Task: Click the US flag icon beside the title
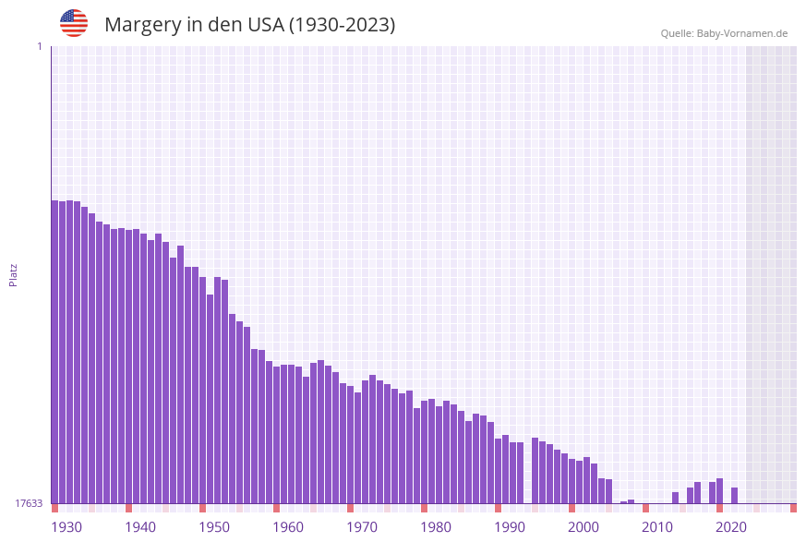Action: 74,23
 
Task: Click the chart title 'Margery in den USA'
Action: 249,25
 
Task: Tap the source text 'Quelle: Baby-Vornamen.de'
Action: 724,33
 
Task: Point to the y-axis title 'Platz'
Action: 14,274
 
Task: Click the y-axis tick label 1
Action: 39,46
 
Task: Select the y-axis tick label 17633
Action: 29,503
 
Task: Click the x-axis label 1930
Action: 66,527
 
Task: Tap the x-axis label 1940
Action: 140,527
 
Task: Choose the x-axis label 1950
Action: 214,527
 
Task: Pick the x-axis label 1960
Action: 288,527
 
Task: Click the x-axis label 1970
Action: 362,527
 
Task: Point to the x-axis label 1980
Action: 436,527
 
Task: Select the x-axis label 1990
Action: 510,527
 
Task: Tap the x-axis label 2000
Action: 583,527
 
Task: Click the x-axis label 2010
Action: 657,527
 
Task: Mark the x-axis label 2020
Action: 731,527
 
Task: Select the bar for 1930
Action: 55,351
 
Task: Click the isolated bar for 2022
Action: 734,495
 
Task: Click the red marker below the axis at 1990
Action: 498,508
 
